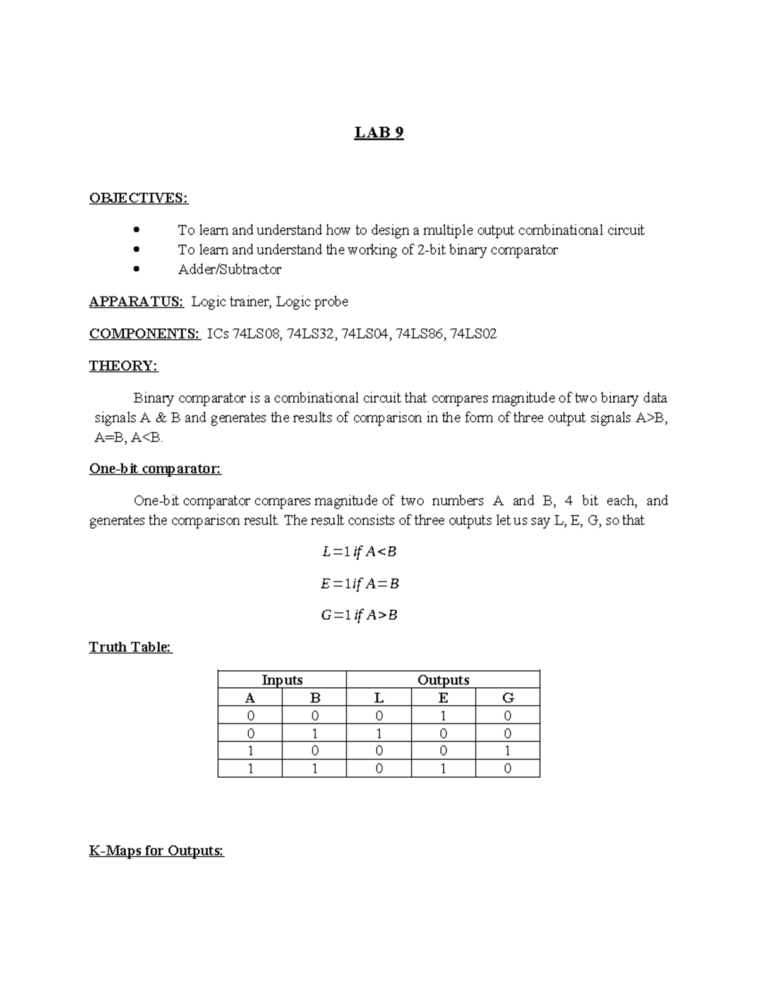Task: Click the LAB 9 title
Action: pos(378,133)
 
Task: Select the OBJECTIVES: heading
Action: pos(138,198)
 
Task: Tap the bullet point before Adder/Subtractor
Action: pos(136,269)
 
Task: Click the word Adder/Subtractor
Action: pos(229,269)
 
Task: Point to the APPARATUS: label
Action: pos(136,302)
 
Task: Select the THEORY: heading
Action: pos(123,366)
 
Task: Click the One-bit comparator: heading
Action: pos(155,469)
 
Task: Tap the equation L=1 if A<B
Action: pos(359,552)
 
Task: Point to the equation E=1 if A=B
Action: pos(359,584)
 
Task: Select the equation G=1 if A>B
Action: pos(359,615)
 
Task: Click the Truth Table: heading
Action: pos(130,647)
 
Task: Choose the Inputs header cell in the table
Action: pos(282,680)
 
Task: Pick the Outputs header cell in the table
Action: pos(443,680)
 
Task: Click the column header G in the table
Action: pos(507,697)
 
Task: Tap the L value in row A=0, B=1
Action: pos(378,733)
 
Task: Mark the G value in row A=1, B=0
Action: pos(507,751)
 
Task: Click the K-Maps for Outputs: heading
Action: pos(157,850)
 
